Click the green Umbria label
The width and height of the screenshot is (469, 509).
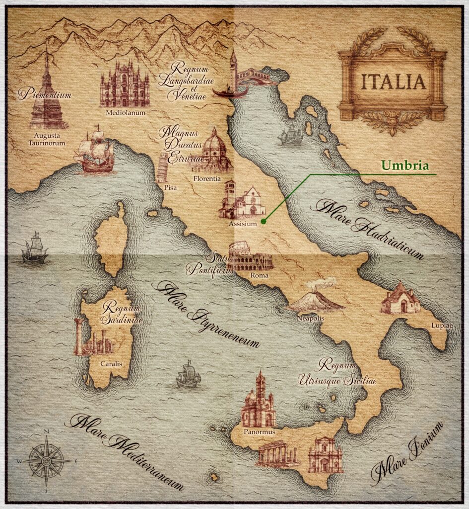(x=404, y=166)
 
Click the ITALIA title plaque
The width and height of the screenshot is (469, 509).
(x=393, y=82)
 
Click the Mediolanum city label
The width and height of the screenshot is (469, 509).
(x=125, y=112)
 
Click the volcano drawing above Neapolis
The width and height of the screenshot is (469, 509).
(x=316, y=298)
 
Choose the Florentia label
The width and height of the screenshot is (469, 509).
(x=206, y=178)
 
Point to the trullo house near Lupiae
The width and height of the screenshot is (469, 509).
(x=400, y=298)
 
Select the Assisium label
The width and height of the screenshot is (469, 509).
(x=243, y=224)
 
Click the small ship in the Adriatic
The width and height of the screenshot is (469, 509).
(x=290, y=136)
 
